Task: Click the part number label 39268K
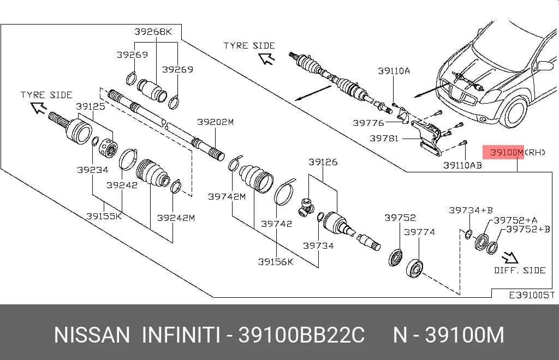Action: point(153,32)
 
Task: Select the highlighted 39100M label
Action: point(503,152)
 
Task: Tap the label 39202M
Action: point(215,122)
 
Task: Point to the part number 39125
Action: point(91,106)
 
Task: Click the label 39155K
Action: point(104,216)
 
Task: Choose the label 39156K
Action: point(276,262)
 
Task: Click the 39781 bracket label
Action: point(384,138)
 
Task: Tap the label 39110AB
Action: point(462,165)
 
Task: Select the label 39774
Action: point(419,232)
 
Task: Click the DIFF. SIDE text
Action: point(520,270)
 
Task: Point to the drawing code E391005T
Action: point(532,295)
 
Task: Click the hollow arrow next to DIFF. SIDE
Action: point(510,257)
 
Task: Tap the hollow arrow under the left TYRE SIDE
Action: point(39,107)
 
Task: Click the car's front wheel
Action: point(513,112)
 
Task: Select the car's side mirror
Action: point(545,65)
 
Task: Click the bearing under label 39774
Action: point(415,268)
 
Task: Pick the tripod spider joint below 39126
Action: point(305,208)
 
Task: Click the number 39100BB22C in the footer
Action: point(301,335)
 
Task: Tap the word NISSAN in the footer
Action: point(92,335)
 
